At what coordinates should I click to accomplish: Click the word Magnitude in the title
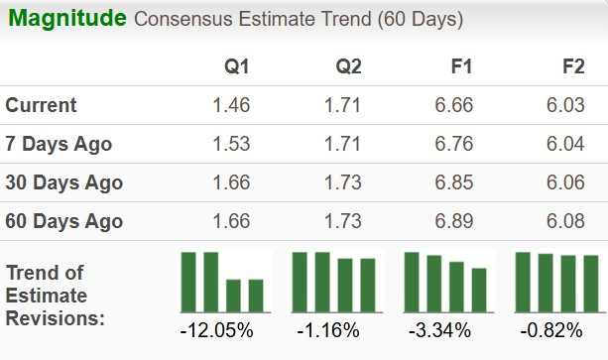point(65,18)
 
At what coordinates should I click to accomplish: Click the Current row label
point(41,105)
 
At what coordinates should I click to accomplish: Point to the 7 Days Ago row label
point(59,144)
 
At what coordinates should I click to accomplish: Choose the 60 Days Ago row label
point(63,221)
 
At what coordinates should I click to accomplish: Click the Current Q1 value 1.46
point(232,105)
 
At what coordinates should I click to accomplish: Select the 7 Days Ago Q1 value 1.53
point(232,144)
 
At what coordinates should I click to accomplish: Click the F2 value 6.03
point(566,105)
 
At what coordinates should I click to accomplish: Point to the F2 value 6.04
point(566,144)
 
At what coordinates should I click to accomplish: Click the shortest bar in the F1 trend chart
point(479,290)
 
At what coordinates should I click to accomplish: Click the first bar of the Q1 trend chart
point(187,282)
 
